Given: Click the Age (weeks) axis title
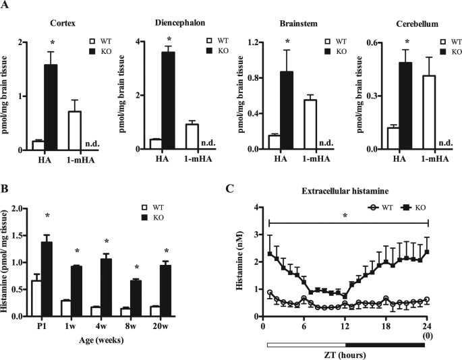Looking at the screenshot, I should click(116, 340).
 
